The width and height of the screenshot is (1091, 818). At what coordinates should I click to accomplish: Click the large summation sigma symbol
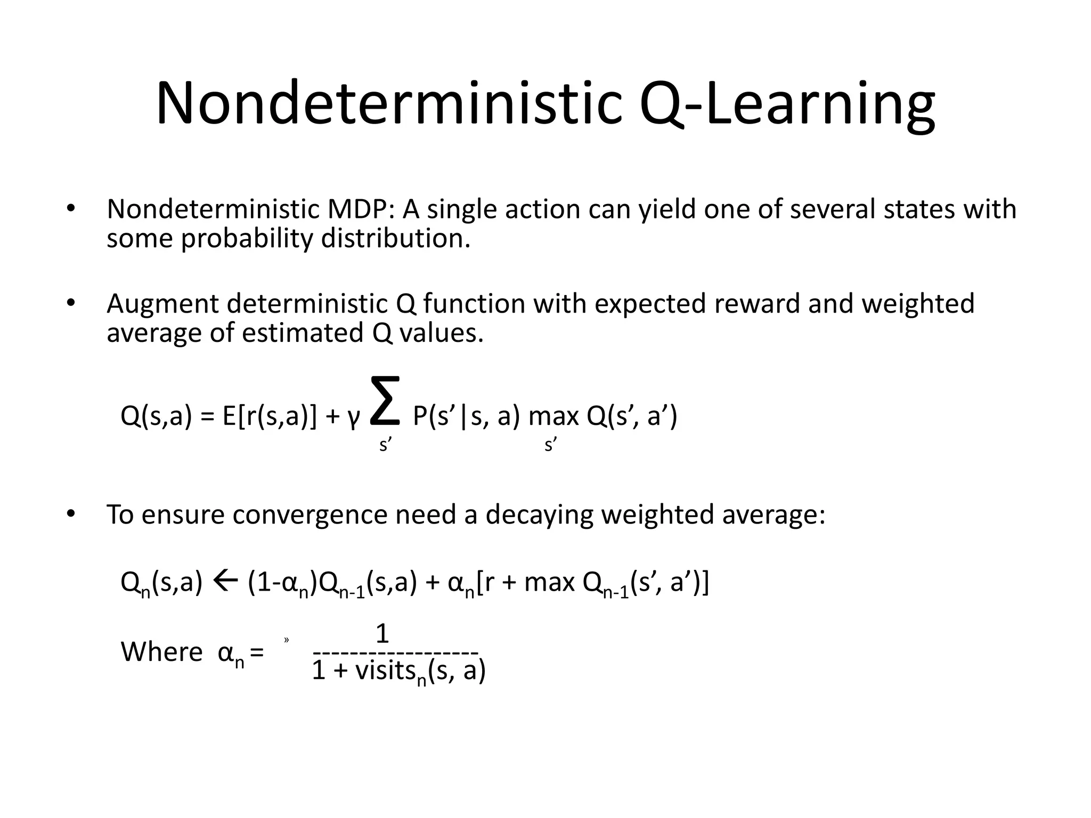click(385, 400)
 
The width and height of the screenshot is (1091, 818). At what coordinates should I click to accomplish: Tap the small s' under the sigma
click(385, 444)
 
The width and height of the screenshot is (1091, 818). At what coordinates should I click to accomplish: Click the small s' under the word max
click(550, 444)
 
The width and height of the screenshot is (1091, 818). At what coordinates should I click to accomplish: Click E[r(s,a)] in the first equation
click(269, 416)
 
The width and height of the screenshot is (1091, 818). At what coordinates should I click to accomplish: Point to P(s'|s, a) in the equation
click(466, 416)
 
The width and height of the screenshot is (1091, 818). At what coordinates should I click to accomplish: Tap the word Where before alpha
click(162, 652)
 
